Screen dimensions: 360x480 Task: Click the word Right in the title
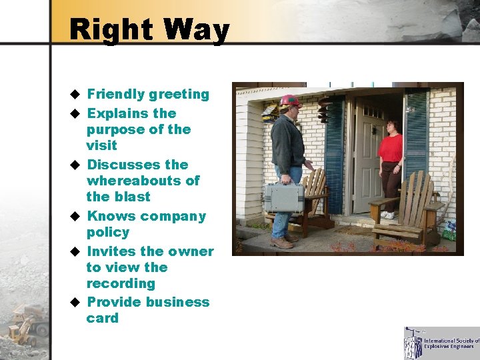pyautogui.click(x=111, y=31)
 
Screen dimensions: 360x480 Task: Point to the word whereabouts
pyautogui.click(x=143, y=181)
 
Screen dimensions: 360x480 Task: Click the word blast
pyautogui.click(x=131, y=197)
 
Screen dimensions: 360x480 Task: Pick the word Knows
pyautogui.click(x=110, y=216)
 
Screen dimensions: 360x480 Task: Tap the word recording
pyautogui.click(x=120, y=283)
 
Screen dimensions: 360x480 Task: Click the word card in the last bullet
pyautogui.click(x=102, y=318)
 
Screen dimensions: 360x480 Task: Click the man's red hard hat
pyautogui.click(x=289, y=101)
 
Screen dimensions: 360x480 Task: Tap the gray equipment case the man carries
pyautogui.click(x=284, y=197)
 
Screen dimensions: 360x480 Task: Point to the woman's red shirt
pyautogui.click(x=390, y=147)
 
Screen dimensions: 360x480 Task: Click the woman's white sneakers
pyautogui.click(x=387, y=215)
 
